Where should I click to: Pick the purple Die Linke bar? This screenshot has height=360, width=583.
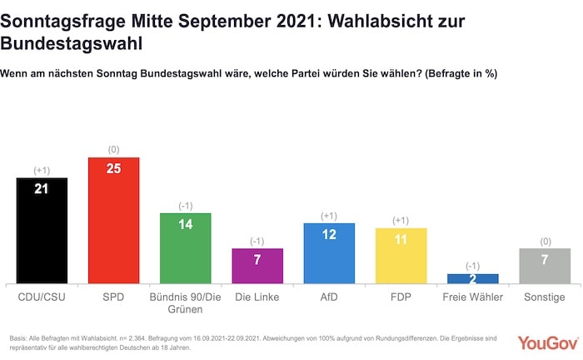coord(257,267)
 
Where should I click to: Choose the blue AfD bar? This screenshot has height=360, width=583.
coord(329,253)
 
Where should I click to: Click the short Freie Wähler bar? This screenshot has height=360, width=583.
coord(472,278)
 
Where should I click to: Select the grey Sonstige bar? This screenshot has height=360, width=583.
coord(544,267)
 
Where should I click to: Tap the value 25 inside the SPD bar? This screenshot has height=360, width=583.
coord(113,168)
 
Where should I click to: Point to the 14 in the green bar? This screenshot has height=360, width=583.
coord(185,224)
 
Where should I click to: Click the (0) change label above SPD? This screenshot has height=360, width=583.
coord(113,149)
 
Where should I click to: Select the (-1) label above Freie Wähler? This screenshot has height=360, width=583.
coord(472,266)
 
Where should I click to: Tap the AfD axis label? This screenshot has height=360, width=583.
coord(329,297)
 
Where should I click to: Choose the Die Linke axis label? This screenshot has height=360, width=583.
coord(257,297)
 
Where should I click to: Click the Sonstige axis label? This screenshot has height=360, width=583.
coord(544,297)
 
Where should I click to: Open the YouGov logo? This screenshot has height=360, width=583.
coord(545,342)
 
